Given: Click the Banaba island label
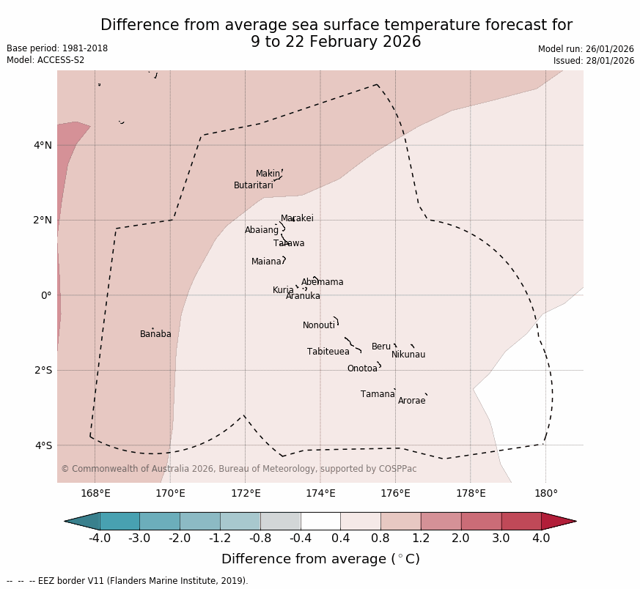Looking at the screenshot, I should pyautogui.click(x=155, y=334).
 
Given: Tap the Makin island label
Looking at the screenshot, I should pyautogui.click(x=268, y=174).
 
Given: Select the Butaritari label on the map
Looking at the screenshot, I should pyautogui.click(x=254, y=185).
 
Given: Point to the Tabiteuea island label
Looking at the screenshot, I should pyautogui.click(x=328, y=352).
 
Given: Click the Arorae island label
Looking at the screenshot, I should pyautogui.click(x=412, y=401).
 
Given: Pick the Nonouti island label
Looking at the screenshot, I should pyautogui.click(x=319, y=325).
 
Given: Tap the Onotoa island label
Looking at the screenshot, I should pyautogui.click(x=362, y=368).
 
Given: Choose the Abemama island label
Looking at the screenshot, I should pyautogui.click(x=323, y=282).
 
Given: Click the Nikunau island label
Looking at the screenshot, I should pyautogui.click(x=408, y=355).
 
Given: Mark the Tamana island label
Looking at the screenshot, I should pyautogui.click(x=378, y=394).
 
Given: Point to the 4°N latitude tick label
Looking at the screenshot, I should pyautogui.click(x=43, y=145).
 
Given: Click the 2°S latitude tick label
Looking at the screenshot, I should pyautogui.click(x=43, y=370).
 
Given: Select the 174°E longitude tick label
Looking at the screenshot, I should pyautogui.click(x=320, y=493).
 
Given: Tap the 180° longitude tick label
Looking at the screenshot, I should pyautogui.click(x=545, y=493).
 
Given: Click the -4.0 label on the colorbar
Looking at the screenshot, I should pyautogui.click(x=100, y=539).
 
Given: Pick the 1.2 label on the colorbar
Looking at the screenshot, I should pyautogui.click(x=421, y=539).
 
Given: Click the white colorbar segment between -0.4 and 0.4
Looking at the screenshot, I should pyautogui.click(x=320, y=521).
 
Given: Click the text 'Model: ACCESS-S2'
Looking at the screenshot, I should pyautogui.click(x=45, y=60).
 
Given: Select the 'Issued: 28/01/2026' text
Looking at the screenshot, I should pyautogui.click(x=594, y=61).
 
